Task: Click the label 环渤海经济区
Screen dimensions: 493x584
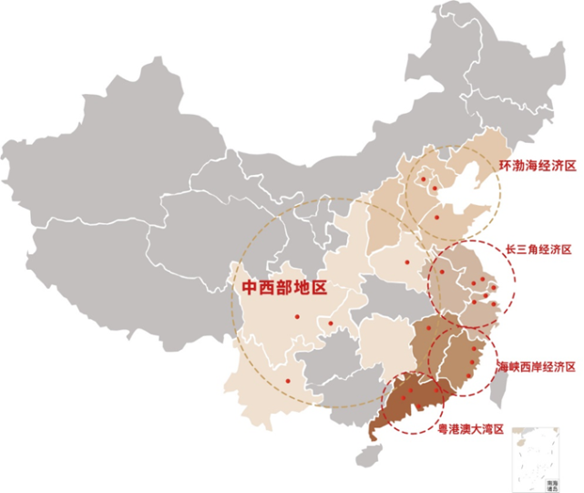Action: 538,167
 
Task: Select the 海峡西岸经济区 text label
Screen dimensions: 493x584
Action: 536,366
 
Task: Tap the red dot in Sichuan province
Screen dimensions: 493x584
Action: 297,318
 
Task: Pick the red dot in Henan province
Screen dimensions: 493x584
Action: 407,262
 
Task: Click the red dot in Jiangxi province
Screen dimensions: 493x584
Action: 428,328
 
